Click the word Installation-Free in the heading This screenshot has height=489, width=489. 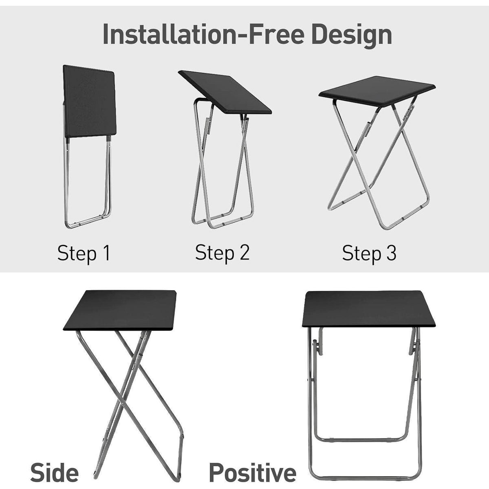click(x=203, y=34)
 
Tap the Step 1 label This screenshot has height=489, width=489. click(x=84, y=253)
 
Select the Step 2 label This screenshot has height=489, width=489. click(x=222, y=253)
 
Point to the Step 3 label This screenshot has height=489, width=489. click(x=369, y=253)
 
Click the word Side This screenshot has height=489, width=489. click(x=54, y=473)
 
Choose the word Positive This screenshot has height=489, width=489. click(x=253, y=473)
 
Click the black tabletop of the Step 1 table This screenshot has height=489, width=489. click(x=89, y=101)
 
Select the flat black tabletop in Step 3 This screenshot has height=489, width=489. click(x=377, y=91)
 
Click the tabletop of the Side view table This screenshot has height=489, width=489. click(x=120, y=310)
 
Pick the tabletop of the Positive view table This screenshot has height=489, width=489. click(x=368, y=309)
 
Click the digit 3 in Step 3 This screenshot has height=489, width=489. click(x=391, y=253)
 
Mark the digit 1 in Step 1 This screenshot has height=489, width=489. click(x=107, y=253)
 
